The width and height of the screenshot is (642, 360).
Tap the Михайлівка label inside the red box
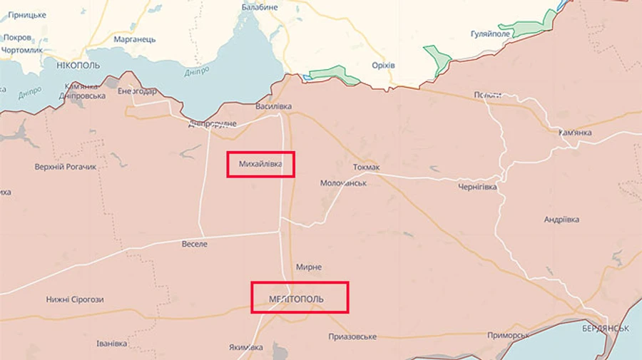[x=260, y=165]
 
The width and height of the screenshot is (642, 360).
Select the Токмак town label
[x=367, y=168]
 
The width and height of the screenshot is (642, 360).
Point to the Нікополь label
[x=77, y=65]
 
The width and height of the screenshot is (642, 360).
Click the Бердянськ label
[x=605, y=329]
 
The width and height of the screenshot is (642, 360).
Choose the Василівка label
[x=274, y=107]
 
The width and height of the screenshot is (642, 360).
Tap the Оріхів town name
[x=383, y=66]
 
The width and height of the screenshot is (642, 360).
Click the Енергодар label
[x=137, y=91]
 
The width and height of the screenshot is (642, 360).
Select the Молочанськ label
[x=343, y=183]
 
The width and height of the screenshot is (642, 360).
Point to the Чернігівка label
[x=477, y=186]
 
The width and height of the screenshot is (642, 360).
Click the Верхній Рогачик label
[x=65, y=167]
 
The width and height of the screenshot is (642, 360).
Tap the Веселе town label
[x=195, y=244]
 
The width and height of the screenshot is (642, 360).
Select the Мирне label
[x=309, y=267]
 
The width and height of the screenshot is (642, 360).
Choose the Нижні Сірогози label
[x=75, y=299]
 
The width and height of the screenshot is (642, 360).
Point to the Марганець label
[x=135, y=39]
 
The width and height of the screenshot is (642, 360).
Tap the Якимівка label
[x=246, y=348]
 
